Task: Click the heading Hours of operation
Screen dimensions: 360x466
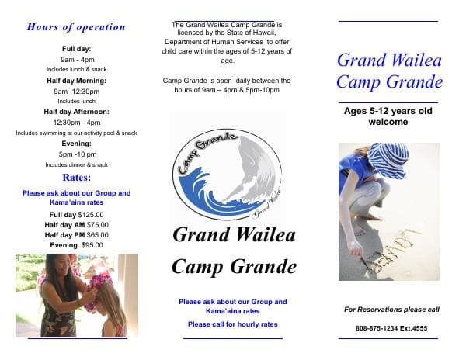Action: pyautogui.click(x=76, y=27)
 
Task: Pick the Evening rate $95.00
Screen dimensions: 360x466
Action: pyautogui.click(x=92, y=244)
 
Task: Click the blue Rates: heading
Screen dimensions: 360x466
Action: pyautogui.click(x=77, y=178)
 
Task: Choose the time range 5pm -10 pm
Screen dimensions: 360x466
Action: pyautogui.click(x=77, y=154)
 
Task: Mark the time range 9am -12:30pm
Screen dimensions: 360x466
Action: pyautogui.click(x=76, y=91)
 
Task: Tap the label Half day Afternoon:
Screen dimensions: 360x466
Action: pyautogui.click(x=76, y=112)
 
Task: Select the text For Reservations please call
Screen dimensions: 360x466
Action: pyautogui.click(x=391, y=310)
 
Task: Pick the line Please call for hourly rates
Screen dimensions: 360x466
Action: pyautogui.click(x=232, y=324)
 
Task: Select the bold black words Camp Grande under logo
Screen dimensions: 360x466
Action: pyautogui.click(x=233, y=268)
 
